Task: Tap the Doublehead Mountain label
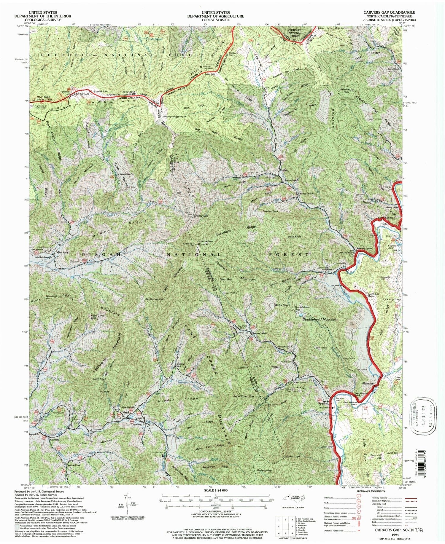320,320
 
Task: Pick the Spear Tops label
293,456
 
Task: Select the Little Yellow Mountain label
205,243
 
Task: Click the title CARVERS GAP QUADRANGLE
389,12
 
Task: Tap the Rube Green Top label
243,397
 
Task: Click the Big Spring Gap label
155,299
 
